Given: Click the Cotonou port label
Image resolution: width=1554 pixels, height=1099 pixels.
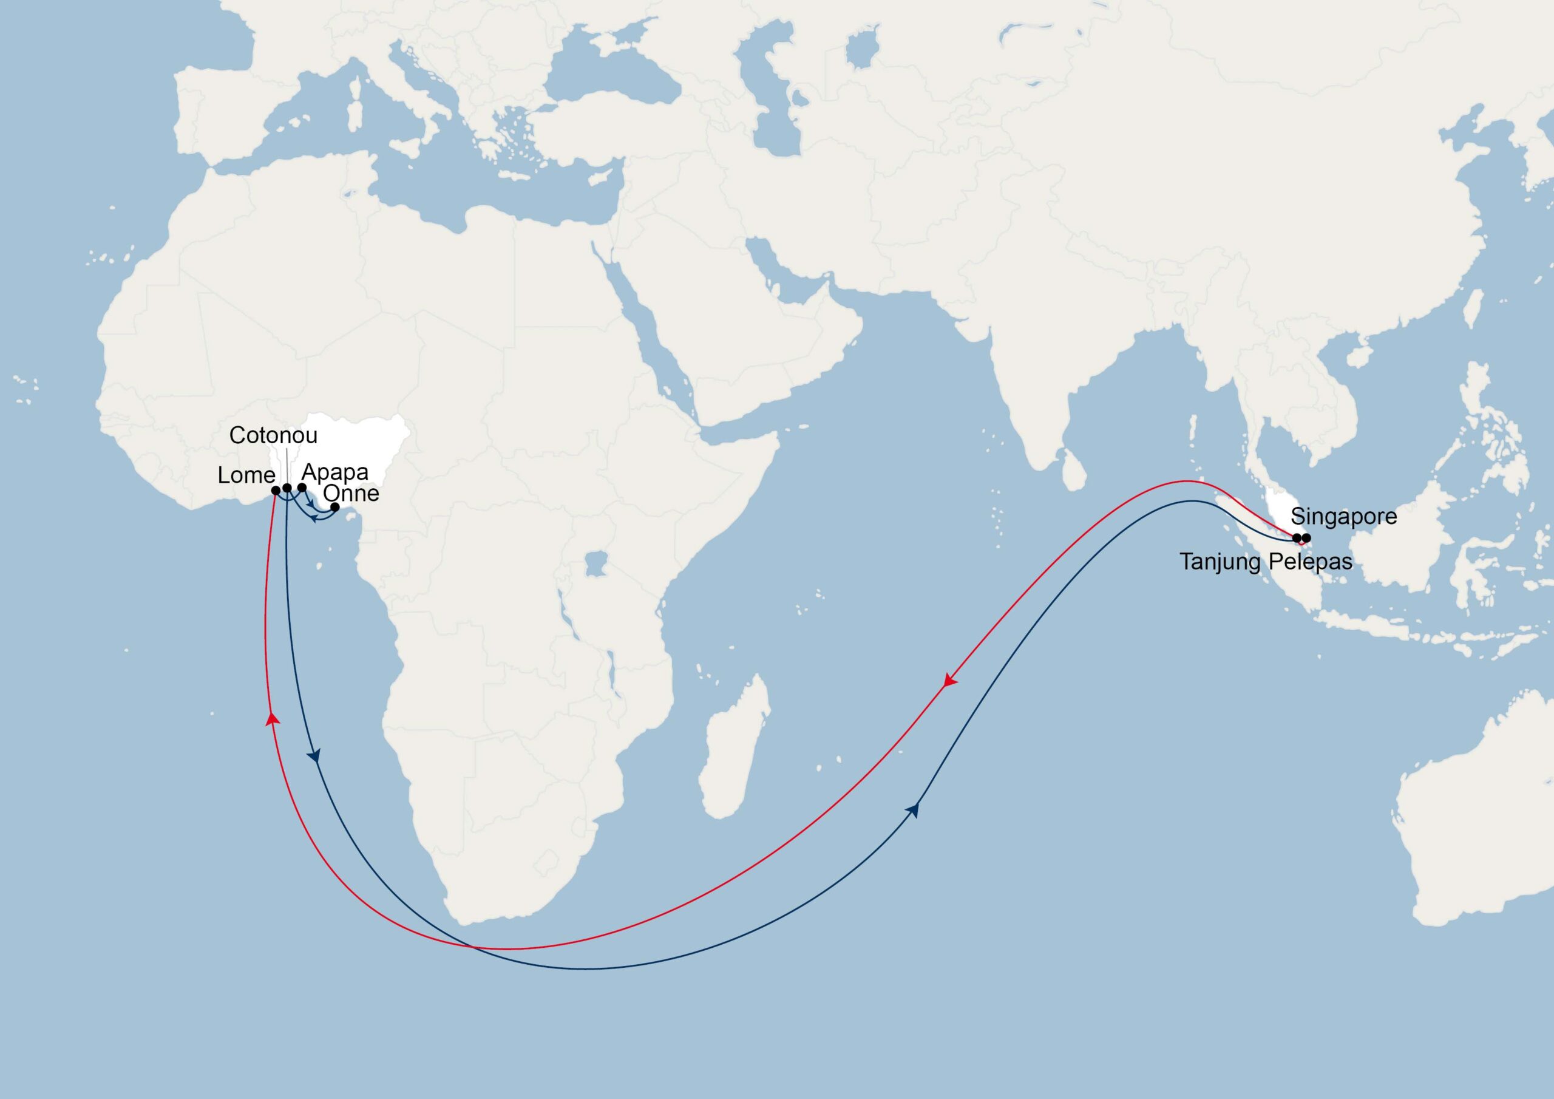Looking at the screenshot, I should click(x=273, y=435).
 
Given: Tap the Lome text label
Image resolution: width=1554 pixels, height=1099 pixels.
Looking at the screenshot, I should click(x=246, y=475).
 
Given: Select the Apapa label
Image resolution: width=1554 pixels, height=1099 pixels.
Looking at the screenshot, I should click(x=334, y=472).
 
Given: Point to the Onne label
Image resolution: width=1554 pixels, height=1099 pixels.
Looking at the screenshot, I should click(x=351, y=493).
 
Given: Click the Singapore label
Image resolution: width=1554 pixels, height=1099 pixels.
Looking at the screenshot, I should click(x=1343, y=516).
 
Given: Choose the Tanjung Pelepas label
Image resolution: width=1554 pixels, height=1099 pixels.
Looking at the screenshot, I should click(x=1266, y=562).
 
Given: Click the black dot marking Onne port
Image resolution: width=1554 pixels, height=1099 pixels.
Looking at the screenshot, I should click(x=334, y=506).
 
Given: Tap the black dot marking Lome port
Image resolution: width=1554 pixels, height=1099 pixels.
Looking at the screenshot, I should click(x=276, y=489).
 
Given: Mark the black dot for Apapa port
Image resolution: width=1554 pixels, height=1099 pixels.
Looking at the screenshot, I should click(x=302, y=488).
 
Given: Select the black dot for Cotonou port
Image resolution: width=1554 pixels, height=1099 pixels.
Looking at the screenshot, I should click(x=287, y=488).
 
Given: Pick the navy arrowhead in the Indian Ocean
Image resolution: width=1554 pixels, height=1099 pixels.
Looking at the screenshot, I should click(x=916, y=809).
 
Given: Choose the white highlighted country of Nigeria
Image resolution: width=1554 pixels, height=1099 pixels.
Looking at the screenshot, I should click(x=359, y=447).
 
